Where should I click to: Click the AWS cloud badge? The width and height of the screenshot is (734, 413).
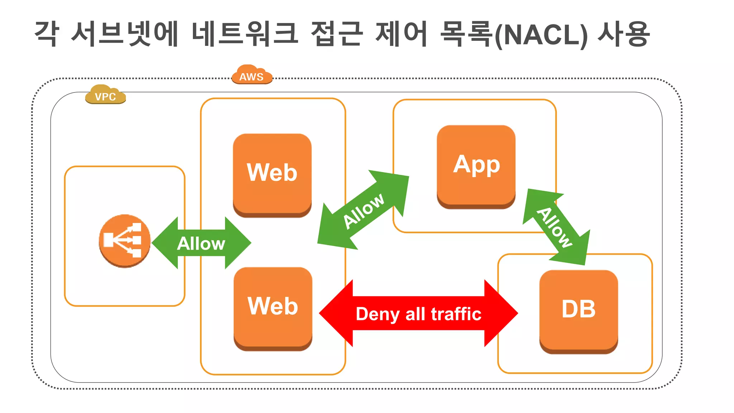tap(252, 75)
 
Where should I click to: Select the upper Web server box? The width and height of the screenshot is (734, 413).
tap(272, 175)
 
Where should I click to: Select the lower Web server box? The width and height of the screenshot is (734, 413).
tap(273, 308)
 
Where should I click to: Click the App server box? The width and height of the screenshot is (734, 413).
tap(476, 166)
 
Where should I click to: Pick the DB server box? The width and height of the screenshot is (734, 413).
tap(578, 311)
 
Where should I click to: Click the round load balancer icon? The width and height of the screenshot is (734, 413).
tap(124, 241)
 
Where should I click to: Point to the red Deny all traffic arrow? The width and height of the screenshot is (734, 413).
tap(418, 313)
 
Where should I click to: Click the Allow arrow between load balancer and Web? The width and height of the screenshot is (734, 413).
tap(201, 243)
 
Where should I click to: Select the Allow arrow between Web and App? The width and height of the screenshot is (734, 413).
tap(363, 210)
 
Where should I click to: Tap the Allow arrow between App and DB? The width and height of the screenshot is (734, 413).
tap(556, 227)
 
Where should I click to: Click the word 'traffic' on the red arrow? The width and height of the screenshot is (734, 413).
tap(456, 314)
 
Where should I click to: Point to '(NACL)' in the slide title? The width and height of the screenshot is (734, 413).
tap(541, 35)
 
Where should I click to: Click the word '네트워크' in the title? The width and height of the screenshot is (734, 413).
tap(245, 34)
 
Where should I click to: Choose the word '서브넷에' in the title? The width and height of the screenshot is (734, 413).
tap(125, 34)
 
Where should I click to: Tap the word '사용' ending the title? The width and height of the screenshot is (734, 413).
tap(624, 34)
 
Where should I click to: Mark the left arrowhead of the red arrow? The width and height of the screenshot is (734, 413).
tap(335, 313)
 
